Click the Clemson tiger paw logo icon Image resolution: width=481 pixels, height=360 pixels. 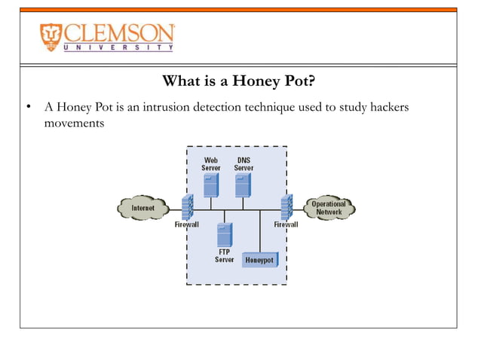coord(52,37)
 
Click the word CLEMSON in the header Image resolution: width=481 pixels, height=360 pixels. coord(119,33)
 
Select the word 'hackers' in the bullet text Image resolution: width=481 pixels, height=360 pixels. coord(386,108)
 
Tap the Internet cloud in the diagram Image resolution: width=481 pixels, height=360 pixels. coord(143,207)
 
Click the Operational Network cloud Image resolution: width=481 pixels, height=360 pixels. coord(329,207)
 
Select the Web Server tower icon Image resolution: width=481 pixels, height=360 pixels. coord(211,185)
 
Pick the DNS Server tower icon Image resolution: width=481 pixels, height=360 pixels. coord(243,185)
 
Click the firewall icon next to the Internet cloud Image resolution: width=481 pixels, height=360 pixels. coord(187,206)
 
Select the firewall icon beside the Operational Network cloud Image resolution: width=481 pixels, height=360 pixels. coord(286,206)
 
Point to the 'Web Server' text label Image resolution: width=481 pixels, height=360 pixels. coord(211,163)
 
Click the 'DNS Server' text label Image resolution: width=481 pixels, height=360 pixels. coord(244,163)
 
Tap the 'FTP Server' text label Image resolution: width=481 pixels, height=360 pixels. coord(225,255)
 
